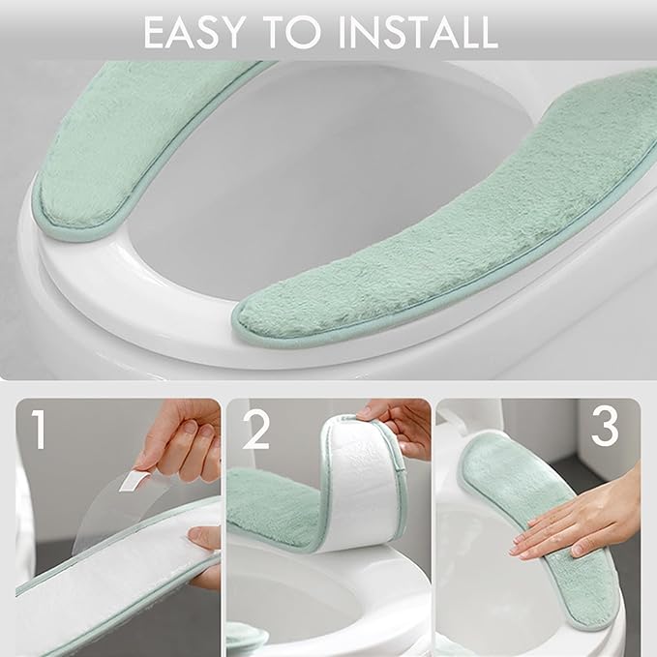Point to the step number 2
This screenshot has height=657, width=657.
[255, 432]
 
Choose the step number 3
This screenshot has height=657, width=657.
[605, 426]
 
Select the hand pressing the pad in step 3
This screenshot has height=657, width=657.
[581, 523]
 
